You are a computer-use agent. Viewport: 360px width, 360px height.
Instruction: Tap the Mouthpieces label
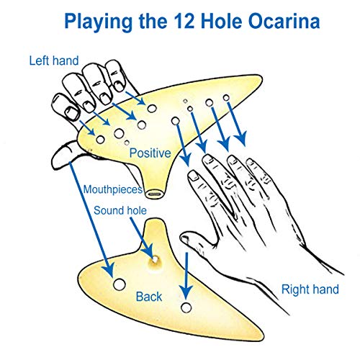112,191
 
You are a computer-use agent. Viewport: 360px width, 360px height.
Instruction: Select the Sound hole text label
121,211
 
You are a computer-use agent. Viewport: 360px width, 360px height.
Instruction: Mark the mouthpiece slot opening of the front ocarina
153,193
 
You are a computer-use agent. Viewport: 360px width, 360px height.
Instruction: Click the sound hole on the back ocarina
154,256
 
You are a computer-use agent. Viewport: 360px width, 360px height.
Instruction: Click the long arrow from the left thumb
94,216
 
